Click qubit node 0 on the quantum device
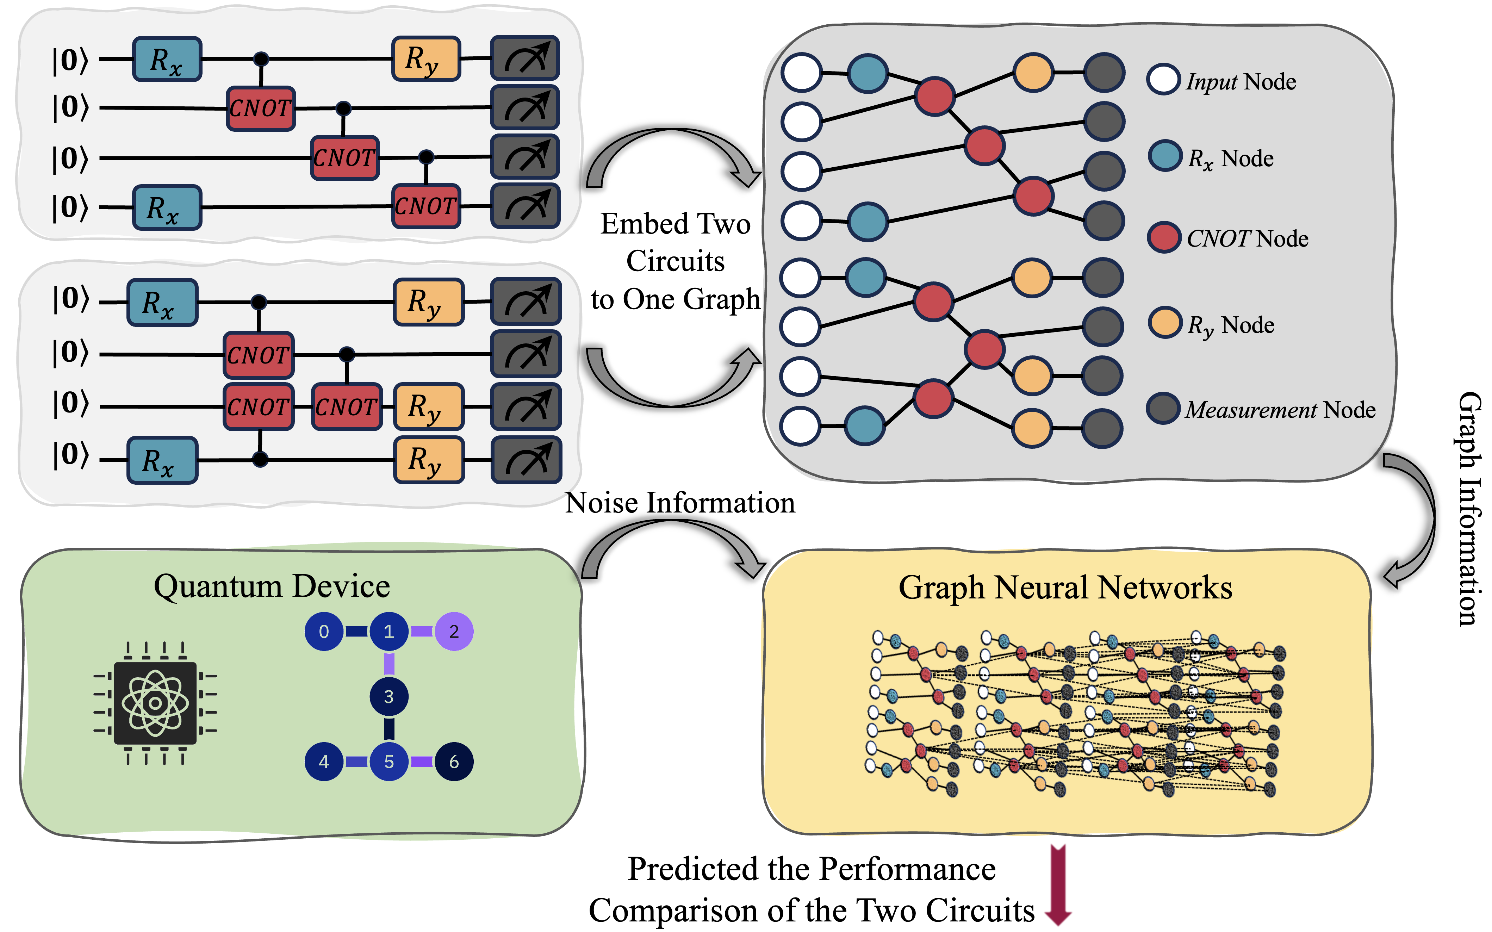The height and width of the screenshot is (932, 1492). coord(324,631)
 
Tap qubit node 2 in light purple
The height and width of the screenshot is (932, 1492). coord(454,631)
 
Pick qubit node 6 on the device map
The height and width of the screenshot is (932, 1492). coord(454,762)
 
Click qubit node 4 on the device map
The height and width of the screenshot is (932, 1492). coord(324,762)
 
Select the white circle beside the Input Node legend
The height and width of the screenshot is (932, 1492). coord(1163,80)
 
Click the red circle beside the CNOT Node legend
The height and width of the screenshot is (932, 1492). coord(1163,237)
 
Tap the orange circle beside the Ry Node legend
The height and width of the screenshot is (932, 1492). coord(1164,322)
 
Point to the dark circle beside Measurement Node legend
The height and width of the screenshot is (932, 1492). coord(1163,408)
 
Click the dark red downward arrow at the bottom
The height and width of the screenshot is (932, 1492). coord(1058,884)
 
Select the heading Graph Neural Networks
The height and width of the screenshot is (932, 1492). coord(1065,588)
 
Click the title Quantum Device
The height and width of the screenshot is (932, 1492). coord(272,586)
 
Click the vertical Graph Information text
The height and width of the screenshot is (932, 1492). coord(1470,509)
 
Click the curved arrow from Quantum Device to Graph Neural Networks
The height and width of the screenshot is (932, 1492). coord(672,542)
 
